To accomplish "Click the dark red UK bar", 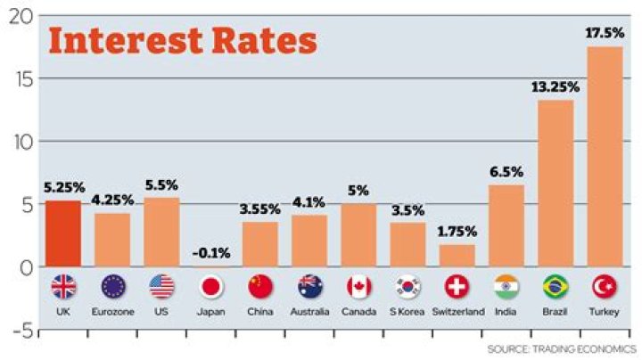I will (63, 233).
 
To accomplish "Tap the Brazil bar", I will (556, 183).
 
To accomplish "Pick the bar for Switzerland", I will (457, 255).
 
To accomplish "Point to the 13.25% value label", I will (556, 87).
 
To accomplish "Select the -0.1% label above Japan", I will (211, 254).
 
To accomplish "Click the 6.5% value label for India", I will (506, 172).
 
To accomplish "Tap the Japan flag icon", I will (211, 287).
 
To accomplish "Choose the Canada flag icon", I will (358, 287).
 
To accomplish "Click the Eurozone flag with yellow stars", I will (113, 287).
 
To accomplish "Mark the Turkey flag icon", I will (605, 287).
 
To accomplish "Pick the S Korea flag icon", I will (407, 287).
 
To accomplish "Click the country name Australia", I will (309, 312).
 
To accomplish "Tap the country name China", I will (260, 312).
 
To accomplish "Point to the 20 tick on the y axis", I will (20, 17).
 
